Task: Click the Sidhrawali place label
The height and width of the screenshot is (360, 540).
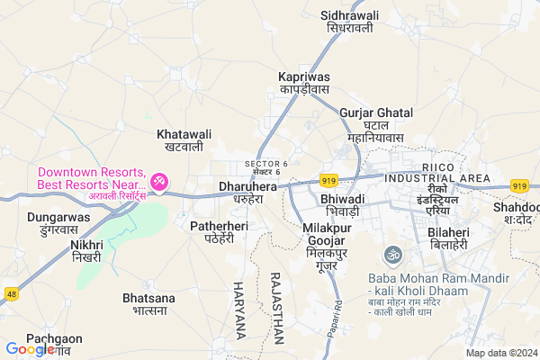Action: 350,22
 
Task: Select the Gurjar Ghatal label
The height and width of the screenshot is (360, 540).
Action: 376,119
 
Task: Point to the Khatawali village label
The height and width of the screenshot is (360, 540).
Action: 184,139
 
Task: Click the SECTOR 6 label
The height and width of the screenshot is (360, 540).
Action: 266,166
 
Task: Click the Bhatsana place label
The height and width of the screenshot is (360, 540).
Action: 145,303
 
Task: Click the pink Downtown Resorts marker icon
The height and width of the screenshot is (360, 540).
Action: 159,183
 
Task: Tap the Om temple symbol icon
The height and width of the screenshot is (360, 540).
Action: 391,255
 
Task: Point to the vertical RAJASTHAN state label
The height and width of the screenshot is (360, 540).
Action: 276,309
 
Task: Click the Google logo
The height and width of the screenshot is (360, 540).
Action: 30,349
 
